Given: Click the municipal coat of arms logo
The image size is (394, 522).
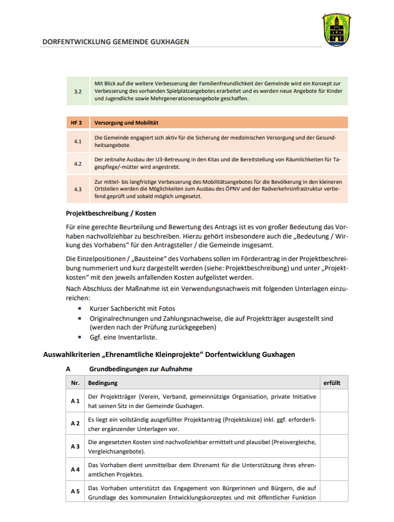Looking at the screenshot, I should click(x=337, y=30).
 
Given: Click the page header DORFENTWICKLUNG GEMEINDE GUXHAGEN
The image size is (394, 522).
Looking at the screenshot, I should click(x=115, y=42).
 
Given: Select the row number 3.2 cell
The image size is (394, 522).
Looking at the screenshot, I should click(x=78, y=91).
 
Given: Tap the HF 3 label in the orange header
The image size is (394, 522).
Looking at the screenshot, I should click(x=77, y=123).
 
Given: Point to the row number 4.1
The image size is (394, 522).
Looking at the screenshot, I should click(x=78, y=141).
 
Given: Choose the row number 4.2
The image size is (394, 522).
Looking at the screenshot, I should click(x=78, y=163).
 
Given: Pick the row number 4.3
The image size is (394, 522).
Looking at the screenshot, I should click(x=78, y=189).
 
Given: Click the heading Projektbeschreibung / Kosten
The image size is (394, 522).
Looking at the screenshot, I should click(x=112, y=213).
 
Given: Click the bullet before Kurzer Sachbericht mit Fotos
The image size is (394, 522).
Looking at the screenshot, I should click(x=80, y=308).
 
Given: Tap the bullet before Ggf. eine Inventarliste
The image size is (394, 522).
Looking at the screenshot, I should click(x=80, y=336).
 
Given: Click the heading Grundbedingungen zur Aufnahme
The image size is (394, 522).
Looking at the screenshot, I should click(x=140, y=369).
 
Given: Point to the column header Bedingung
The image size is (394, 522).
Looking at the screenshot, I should click(x=103, y=383).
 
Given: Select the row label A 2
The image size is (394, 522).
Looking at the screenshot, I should click(x=75, y=424).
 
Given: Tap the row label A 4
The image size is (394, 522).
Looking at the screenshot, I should click(x=75, y=469).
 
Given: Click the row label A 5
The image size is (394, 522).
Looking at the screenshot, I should click(x=75, y=491).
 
